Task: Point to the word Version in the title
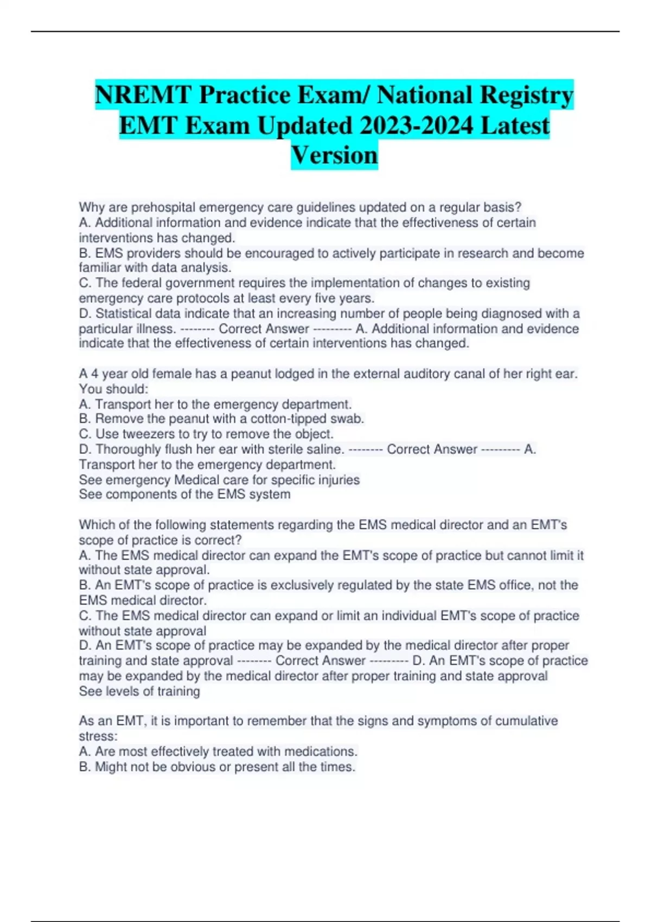point(334,155)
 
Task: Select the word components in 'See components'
point(143,495)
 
